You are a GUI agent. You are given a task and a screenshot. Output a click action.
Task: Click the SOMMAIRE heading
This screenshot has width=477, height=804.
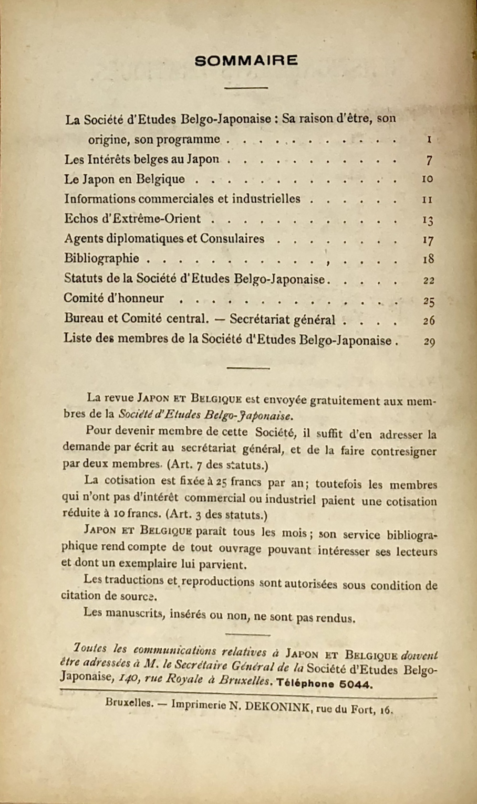[x=246, y=61]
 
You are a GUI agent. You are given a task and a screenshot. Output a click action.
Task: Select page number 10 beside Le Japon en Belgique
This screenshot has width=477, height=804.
[x=427, y=179]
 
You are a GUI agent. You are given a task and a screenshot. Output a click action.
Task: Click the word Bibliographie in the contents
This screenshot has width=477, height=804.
[x=102, y=258]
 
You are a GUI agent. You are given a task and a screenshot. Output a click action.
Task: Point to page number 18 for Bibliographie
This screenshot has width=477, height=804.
[x=428, y=259]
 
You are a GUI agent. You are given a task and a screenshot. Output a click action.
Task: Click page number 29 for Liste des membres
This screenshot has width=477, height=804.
[x=429, y=341]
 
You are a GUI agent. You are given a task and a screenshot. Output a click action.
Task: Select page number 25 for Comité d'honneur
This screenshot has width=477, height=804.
[x=428, y=301]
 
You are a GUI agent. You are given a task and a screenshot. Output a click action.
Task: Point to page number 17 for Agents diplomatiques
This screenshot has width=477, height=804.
[x=428, y=240]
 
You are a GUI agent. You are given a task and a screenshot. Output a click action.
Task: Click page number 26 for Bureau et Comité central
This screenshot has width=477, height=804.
[x=428, y=320]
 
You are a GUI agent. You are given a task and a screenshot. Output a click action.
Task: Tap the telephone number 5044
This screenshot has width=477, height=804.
[x=354, y=684]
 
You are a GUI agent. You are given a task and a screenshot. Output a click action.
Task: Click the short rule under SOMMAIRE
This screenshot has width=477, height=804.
[x=246, y=87]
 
